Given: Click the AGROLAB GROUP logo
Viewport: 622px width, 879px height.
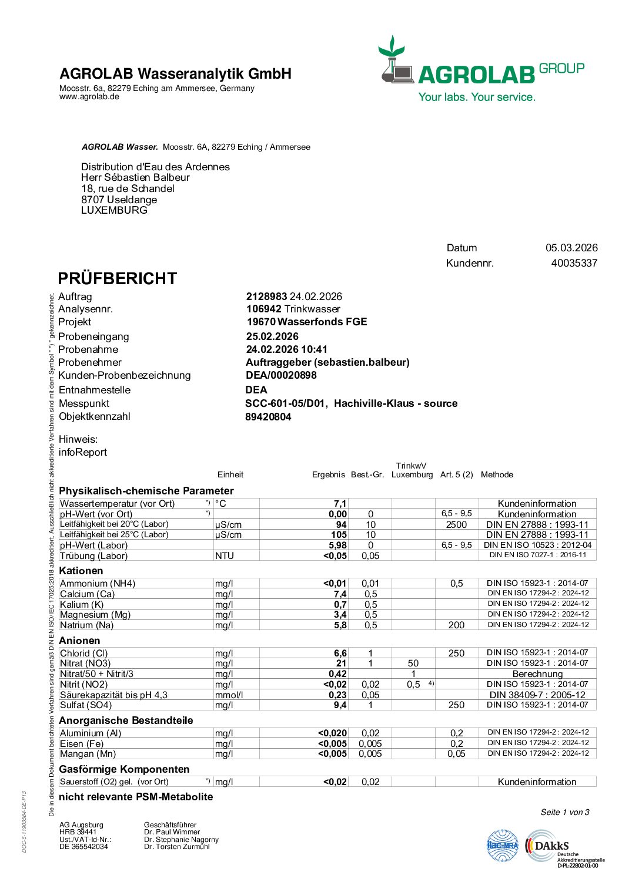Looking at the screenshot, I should coord(481,69).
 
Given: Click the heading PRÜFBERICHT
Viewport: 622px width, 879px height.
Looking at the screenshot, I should coord(118,278).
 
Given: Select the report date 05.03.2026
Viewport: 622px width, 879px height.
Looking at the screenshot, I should coord(571,248).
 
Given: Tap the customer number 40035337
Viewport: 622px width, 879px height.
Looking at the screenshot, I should coord(574,263).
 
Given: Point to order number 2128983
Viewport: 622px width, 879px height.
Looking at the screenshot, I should coord(266,297).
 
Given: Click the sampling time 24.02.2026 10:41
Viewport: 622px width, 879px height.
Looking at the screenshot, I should coord(286,349).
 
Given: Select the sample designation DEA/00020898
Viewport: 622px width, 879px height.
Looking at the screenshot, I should coord(281,375).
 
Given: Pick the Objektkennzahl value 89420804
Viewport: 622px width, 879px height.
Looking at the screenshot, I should coord(268,417).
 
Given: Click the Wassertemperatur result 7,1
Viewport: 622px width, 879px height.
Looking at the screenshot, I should coord(340,504).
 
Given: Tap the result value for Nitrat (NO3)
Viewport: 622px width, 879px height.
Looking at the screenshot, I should coord(341,664).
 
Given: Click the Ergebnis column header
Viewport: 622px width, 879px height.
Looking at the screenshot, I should coord(328,474).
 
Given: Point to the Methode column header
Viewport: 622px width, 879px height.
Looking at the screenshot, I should coord(497,474).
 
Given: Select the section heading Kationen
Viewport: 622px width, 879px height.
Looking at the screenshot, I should coord(81,571).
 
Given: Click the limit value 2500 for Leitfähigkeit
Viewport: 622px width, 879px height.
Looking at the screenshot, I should coord(456,525).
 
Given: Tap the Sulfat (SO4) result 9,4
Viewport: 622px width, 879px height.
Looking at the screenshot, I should coord(340,705).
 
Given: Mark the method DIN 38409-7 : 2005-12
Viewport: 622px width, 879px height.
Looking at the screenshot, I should coord(537,695).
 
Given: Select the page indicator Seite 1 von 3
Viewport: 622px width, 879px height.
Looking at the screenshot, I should coord(564,812).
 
